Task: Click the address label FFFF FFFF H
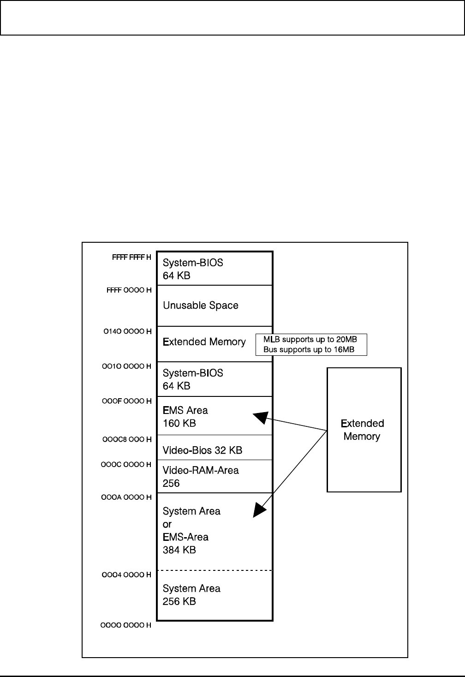tap(131, 257)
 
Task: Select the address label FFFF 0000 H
tap(129, 290)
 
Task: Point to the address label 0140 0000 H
tap(127, 331)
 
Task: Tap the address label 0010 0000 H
tap(126, 366)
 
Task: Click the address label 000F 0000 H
tap(126, 401)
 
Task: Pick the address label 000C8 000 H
tap(127, 439)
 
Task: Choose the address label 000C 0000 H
tap(126, 465)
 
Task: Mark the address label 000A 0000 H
tap(126, 497)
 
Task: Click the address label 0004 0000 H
tap(126, 575)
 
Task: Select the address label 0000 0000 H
tap(126, 625)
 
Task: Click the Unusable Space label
tap(200, 306)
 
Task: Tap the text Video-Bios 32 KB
tap(202, 450)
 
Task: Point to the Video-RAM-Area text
tap(201, 470)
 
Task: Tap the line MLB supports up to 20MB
tap(310, 340)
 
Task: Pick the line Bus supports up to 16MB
tap(309, 350)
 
